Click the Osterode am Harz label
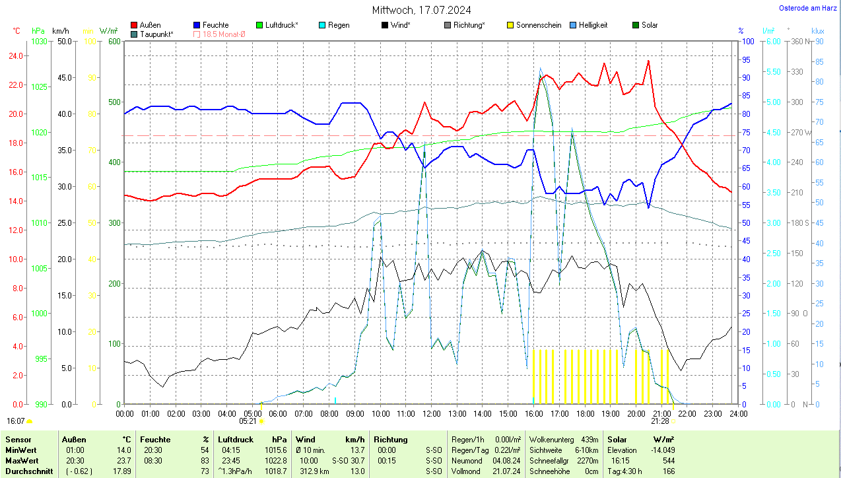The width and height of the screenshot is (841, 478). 809,8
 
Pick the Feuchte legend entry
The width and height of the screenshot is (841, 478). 215,25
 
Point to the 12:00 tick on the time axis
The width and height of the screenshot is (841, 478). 431,414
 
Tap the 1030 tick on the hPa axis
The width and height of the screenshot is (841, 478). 40,41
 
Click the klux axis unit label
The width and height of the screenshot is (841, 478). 817,31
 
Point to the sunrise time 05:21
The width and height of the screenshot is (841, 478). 248,421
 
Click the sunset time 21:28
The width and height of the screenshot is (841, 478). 660,421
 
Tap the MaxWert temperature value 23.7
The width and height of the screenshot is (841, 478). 124,461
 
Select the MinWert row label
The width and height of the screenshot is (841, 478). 21,450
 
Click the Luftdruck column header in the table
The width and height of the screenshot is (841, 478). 235,439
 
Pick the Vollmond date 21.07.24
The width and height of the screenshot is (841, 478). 506,471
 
